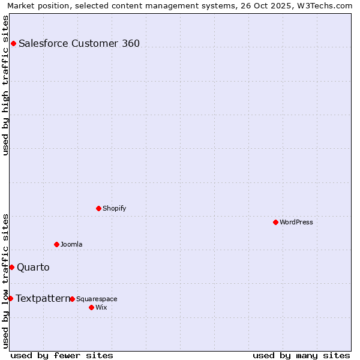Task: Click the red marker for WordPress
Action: pos(275,222)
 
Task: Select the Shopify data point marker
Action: pos(98,208)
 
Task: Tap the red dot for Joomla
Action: pos(56,244)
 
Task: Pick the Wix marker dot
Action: pos(91,307)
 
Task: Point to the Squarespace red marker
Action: pos(72,299)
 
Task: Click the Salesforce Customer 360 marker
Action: pos(13,43)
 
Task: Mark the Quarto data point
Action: pos(11,267)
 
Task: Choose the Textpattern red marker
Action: pos(10,298)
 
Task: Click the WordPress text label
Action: pos(296,222)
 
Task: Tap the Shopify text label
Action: pos(114,208)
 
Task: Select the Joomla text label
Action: pos(71,244)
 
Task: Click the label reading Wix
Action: pos(101,308)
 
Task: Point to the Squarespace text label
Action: pos(97,299)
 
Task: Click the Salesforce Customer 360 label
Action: pos(79,43)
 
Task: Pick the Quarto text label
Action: pos(33,267)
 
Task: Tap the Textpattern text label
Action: pos(43,298)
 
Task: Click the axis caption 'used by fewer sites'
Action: pos(62,355)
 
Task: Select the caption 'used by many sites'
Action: pos(301,355)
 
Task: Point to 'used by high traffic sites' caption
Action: pos(5,85)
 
